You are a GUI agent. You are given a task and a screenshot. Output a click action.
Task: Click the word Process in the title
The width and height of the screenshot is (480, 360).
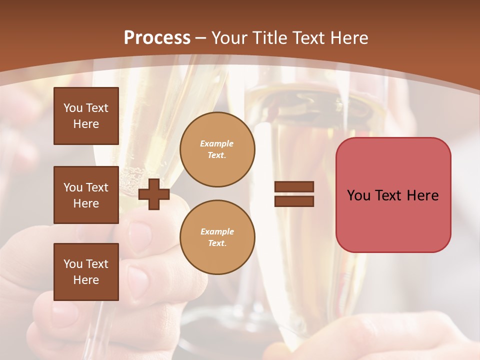[157, 38]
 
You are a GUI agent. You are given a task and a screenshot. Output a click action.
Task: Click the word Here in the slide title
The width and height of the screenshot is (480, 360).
[349, 38]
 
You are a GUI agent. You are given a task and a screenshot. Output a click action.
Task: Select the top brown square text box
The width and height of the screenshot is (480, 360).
[86, 116]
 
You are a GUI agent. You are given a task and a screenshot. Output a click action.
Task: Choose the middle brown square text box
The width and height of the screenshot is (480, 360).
[86, 195]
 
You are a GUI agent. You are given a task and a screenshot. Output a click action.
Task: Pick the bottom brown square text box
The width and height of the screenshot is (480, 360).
[86, 272]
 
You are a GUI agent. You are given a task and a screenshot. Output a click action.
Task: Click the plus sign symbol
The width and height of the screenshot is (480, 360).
[154, 194]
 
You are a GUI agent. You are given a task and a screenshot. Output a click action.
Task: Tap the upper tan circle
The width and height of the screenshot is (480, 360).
[217, 149]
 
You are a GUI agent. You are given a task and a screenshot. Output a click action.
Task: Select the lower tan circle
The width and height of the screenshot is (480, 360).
[217, 237]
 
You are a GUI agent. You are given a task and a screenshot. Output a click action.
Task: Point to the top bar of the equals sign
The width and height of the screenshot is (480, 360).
[294, 187]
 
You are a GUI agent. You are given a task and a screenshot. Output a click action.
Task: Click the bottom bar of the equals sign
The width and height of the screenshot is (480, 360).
[294, 201]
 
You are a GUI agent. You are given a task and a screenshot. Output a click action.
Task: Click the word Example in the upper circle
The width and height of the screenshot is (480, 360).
[217, 143]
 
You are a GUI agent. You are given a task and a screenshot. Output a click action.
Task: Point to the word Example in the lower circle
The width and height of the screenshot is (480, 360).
[217, 231]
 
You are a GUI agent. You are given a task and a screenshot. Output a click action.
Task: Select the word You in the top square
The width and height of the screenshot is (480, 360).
[73, 108]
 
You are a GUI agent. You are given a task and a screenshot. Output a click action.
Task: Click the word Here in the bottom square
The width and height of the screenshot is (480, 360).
[86, 280]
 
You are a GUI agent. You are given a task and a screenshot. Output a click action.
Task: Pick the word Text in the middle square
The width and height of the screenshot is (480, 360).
[96, 187]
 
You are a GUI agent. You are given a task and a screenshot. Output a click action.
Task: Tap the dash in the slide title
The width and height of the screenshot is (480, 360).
[201, 38]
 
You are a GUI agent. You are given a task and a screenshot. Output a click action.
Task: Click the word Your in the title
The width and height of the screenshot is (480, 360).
[228, 38]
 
